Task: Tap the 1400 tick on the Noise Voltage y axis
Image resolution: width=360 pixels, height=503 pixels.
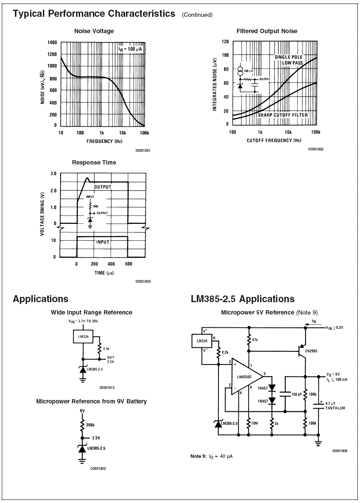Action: (x=52, y=42)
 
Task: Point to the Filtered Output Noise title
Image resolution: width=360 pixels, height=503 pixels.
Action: (x=267, y=31)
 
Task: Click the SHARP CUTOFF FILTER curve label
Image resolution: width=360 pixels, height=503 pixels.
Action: (x=283, y=115)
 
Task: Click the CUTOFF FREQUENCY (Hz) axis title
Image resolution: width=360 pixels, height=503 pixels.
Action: (x=274, y=140)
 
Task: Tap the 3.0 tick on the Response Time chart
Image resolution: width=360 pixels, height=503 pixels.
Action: (x=53, y=174)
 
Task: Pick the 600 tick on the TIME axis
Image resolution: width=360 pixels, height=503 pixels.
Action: (x=128, y=264)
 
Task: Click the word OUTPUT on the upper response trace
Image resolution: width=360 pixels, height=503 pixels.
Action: (x=103, y=187)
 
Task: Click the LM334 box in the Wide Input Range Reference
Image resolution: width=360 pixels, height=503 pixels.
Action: (x=83, y=337)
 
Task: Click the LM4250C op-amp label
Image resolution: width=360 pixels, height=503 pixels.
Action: (x=244, y=377)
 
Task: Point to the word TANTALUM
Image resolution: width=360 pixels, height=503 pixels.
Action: (x=335, y=408)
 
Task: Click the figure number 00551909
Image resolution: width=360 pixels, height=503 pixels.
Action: (x=340, y=451)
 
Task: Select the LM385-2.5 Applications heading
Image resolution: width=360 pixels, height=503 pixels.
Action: (x=242, y=299)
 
